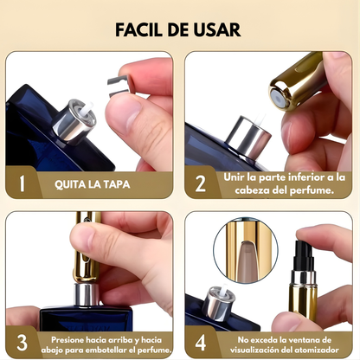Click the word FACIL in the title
point(140,29)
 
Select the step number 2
point(201,183)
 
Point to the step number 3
point(23,339)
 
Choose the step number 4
point(201,339)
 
